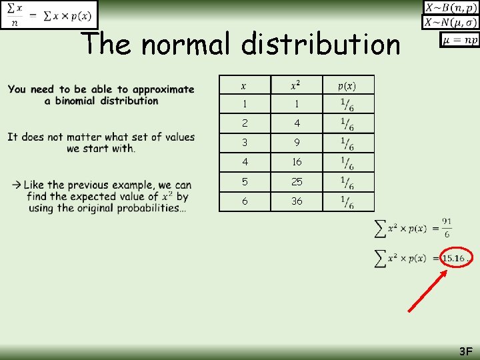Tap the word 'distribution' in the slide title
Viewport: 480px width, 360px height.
point(321,45)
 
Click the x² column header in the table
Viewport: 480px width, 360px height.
point(297,85)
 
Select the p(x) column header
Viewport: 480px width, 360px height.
point(347,85)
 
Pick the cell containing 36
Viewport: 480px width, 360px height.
point(297,201)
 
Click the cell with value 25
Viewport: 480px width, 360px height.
point(297,181)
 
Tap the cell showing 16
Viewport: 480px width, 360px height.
point(297,162)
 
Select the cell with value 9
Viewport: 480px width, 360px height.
point(297,143)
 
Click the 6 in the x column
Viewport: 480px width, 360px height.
point(244,201)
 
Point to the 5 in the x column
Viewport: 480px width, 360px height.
point(244,181)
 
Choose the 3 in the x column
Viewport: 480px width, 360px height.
point(244,143)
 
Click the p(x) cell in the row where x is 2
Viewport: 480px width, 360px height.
point(347,123)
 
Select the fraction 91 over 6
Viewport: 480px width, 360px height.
point(446,228)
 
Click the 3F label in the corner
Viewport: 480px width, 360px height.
point(465,351)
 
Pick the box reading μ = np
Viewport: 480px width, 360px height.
point(460,39)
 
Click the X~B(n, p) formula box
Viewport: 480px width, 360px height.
point(451,7)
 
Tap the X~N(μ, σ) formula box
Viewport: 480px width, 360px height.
point(451,22)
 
